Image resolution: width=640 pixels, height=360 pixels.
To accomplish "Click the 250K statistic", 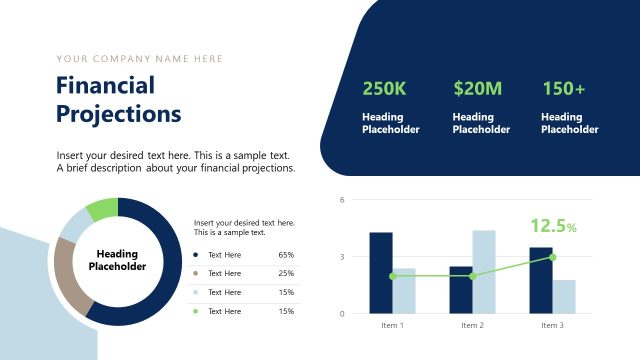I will [384, 89].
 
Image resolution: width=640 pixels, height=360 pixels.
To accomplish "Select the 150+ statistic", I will [563, 89].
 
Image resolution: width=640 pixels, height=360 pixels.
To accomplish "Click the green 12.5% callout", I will [553, 226].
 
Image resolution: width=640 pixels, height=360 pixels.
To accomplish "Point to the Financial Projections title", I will [118, 99].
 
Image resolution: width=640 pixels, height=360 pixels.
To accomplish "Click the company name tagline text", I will [140, 59].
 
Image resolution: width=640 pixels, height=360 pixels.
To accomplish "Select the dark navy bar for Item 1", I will [381, 272].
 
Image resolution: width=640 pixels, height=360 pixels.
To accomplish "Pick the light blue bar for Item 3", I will [564, 296].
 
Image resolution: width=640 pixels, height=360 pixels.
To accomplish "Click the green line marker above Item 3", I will [552, 257].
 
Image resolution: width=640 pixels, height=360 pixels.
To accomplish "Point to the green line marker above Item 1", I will [392, 276].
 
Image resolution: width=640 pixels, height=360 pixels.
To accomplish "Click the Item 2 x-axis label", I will [472, 325].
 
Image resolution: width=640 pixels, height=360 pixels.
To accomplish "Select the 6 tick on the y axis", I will [342, 200].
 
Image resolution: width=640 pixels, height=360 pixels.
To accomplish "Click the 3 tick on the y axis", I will [342, 257].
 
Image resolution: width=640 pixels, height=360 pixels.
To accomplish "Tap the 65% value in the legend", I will [286, 255].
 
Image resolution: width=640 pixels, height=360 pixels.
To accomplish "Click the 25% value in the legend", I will [286, 273].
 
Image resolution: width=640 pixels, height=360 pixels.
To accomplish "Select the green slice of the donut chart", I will [102, 210].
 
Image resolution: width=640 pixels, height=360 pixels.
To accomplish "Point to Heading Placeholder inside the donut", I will [117, 261].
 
